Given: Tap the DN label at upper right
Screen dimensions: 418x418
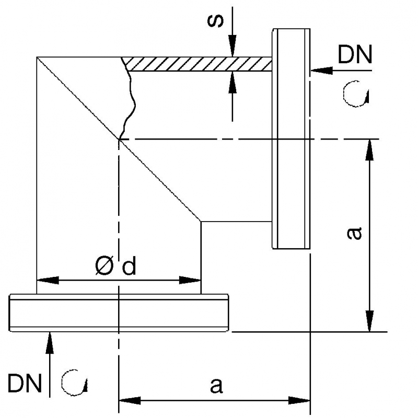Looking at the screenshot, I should pyautogui.click(x=355, y=54).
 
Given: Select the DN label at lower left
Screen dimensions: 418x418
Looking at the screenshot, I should pyautogui.click(x=25, y=383).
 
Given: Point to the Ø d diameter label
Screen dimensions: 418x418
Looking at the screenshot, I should pyautogui.click(x=115, y=267).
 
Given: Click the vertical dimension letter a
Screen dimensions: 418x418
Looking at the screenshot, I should pyautogui.click(x=354, y=233).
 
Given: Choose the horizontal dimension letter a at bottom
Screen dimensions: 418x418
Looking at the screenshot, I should pyautogui.click(x=216, y=386).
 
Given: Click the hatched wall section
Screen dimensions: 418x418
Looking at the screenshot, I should pyautogui.click(x=199, y=64).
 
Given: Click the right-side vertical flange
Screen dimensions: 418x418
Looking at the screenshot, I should pyautogui.click(x=291, y=138).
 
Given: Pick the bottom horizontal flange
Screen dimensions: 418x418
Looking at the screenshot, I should pyautogui.click(x=119, y=312).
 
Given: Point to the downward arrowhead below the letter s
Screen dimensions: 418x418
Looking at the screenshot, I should pyautogui.click(x=233, y=49).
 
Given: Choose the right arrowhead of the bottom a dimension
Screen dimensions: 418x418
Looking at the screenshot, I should pyautogui.click(x=301, y=401).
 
